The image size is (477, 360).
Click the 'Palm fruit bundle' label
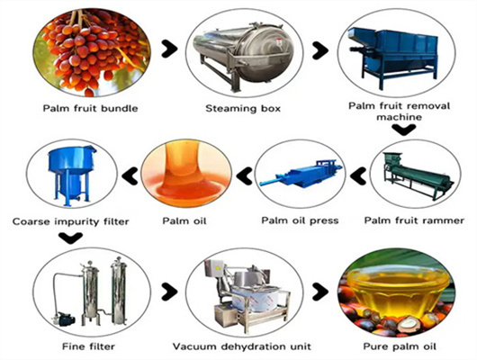[x=90, y=108]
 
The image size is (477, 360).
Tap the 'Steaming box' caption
[x=243, y=109]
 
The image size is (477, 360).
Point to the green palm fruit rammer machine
[x=418, y=175]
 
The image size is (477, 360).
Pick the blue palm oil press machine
[x=301, y=174]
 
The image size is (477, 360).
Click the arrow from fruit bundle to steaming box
[x=169, y=49]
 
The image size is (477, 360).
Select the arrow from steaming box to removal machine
[x=319, y=50]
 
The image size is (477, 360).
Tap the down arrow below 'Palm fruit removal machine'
[x=404, y=130]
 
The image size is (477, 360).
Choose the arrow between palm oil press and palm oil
[x=244, y=175]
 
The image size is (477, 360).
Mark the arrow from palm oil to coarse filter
[x=130, y=175]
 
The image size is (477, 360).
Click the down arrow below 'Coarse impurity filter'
[x=71, y=238]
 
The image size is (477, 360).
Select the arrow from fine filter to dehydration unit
[x=169, y=292]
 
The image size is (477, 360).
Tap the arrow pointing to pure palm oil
[x=319, y=292]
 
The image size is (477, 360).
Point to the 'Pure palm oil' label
[x=400, y=346]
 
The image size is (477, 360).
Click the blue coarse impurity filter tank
[x=72, y=175]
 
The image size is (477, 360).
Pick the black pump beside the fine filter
[x=63, y=319]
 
